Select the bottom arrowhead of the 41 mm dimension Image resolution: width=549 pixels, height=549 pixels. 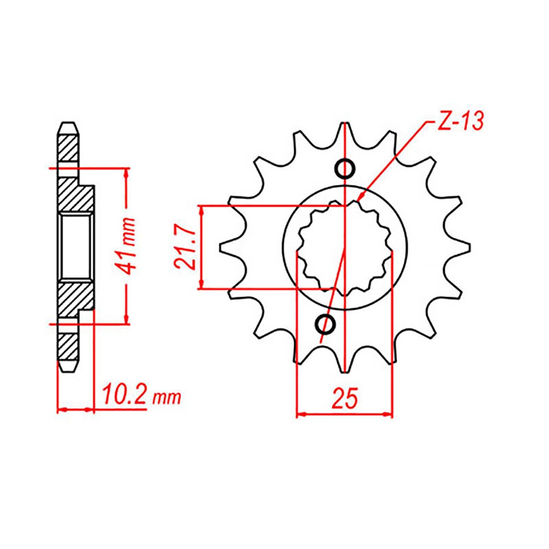click(127, 319)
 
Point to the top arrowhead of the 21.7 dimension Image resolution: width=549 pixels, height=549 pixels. click(202, 210)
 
